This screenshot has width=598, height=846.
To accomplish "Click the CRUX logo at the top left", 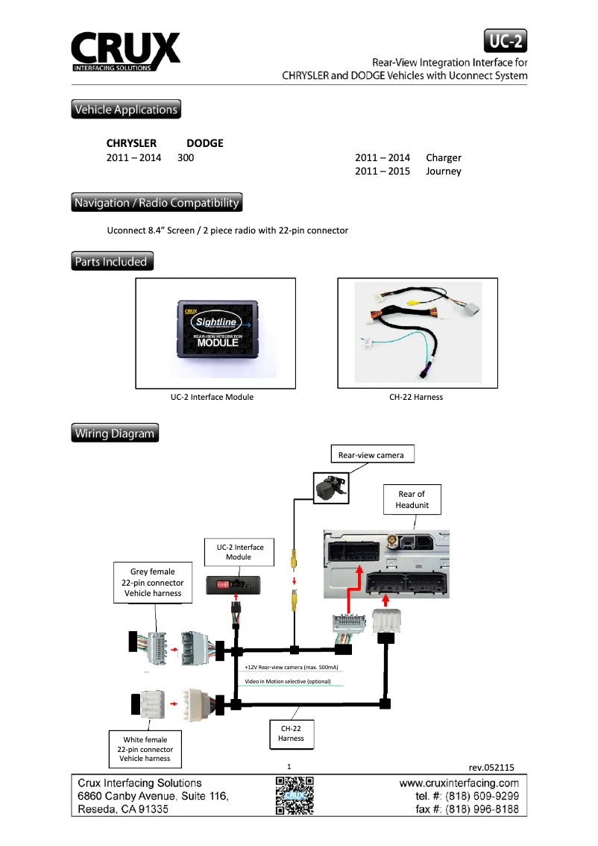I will [x=125, y=51].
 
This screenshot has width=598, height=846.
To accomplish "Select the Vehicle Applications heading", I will [x=126, y=110].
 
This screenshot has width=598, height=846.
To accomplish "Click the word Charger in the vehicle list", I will [x=444, y=157].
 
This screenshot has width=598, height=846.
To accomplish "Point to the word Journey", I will [x=444, y=172].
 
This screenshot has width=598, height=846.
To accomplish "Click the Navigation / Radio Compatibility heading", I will [x=157, y=202].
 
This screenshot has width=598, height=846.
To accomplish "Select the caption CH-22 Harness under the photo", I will [x=416, y=397].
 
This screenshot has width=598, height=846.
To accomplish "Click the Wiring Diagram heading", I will [x=115, y=433].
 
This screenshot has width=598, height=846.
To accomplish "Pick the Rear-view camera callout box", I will [x=371, y=454].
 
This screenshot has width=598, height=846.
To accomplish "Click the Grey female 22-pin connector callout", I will [x=152, y=583].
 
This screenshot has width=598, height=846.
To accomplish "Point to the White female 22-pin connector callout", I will [x=145, y=749].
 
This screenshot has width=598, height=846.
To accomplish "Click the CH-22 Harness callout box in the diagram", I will [x=291, y=733].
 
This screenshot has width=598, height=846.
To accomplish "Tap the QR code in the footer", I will [x=295, y=795].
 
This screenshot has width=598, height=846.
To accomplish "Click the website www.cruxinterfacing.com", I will [x=459, y=783].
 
